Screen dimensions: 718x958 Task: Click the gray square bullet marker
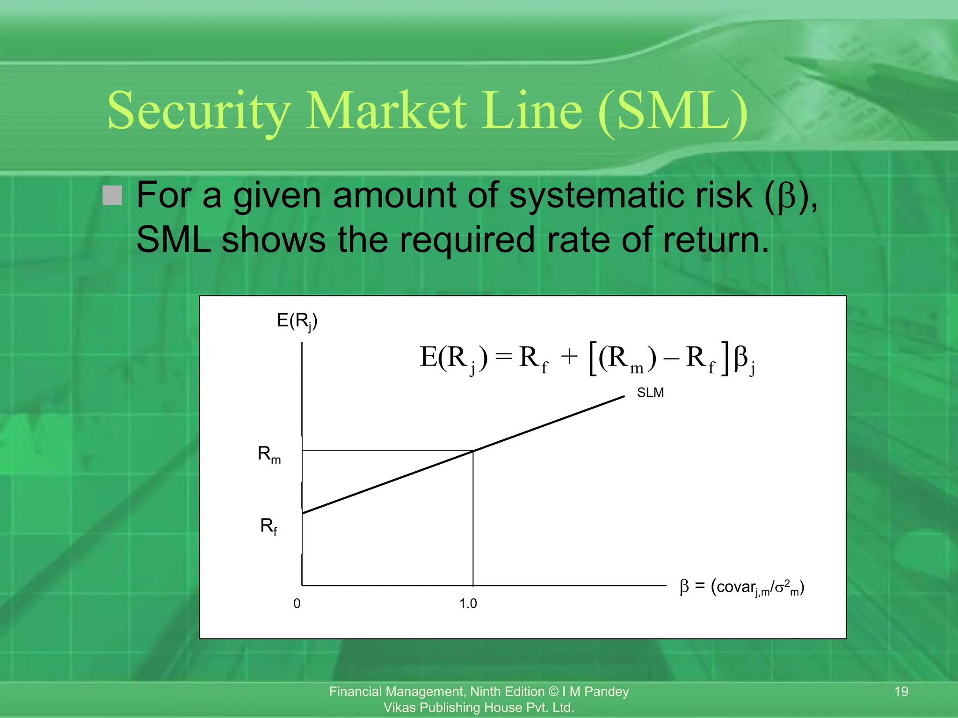pos(112,195)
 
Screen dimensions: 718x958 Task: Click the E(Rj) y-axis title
pos(297,321)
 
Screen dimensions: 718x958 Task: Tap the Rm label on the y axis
pos(269,454)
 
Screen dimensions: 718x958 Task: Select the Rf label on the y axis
pos(269,526)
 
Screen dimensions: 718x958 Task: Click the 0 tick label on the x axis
pos(297,603)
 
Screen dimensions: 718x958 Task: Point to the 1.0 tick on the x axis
pos(468,603)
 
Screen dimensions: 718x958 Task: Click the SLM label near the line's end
pos(650,393)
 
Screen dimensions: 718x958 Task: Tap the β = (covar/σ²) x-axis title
pos(742,587)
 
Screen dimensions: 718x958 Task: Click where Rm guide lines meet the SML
pos(473,451)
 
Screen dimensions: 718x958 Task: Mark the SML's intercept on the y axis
pos(302,513)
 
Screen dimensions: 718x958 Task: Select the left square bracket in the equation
pos(593,359)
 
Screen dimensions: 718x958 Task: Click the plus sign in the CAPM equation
pos(569,358)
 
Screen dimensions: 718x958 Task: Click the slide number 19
pos(901,691)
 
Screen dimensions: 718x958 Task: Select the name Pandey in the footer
pos(607,691)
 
